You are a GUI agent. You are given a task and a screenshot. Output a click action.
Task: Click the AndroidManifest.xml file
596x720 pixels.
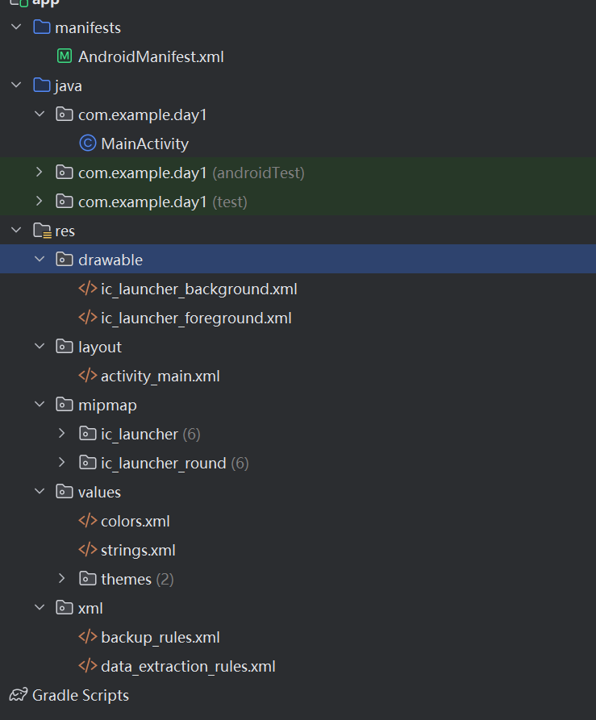coord(150,57)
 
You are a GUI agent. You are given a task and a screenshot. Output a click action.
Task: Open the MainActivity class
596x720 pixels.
coord(144,144)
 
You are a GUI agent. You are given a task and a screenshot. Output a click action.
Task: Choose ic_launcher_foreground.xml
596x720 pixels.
coord(196,318)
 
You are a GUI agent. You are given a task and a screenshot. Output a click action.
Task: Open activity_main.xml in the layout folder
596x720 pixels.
coord(160,377)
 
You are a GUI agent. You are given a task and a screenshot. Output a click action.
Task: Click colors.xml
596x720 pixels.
coord(135,522)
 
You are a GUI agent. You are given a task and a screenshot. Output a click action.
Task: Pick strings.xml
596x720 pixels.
coord(138,551)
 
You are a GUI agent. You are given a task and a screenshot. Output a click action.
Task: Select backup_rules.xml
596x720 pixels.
coord(160,638)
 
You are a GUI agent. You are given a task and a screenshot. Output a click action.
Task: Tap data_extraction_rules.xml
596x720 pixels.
coord(188,667)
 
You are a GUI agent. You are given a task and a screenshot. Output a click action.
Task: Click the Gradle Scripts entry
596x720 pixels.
coord(80,695)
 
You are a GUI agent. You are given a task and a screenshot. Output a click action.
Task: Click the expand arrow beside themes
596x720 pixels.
coord(62,579)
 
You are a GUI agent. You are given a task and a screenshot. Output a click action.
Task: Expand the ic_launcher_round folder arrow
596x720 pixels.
coord(62,463)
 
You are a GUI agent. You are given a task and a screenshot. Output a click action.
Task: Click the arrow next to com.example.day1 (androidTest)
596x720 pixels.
coord(39,173)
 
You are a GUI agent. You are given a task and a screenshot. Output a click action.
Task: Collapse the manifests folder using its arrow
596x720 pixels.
coord(16,28)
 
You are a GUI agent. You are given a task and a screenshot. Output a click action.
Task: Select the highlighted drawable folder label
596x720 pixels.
coord(110,260)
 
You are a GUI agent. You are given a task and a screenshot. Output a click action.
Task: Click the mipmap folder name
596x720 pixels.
coord(107,405)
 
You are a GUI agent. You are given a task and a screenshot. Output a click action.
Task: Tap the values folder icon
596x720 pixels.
coord(64,492)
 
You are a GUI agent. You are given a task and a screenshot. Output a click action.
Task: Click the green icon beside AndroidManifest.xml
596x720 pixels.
coord(65,57)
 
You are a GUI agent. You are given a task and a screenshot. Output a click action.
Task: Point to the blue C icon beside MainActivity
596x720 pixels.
coord(87,144)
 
